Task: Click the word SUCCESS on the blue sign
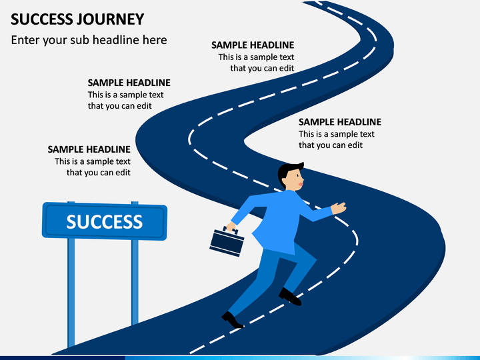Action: point(105,221)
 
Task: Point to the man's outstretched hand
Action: point(338,208)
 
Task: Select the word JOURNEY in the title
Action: point(110,19)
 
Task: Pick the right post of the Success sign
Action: point(135,281)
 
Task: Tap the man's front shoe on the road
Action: point(290,296)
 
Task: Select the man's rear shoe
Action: point(232,320)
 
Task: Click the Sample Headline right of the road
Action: point(340,122)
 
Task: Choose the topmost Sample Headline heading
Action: point(253,45)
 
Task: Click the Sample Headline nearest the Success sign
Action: point(89,149)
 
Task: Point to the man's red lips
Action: point(301,184)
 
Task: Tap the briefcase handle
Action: point(231,229)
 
